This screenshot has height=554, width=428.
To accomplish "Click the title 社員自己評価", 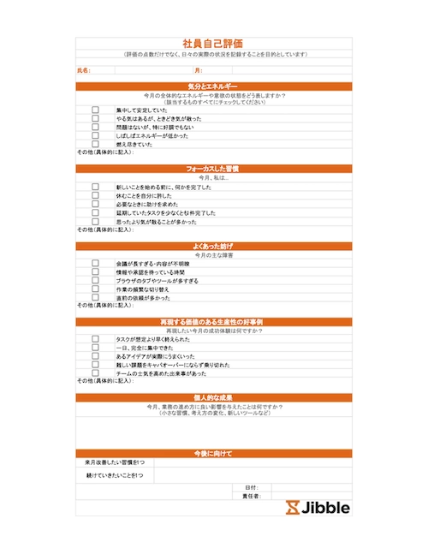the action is tap(213, 42).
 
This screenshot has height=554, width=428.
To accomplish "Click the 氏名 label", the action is tap(83, 70).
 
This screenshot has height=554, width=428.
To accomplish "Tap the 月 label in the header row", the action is tap(198, 70).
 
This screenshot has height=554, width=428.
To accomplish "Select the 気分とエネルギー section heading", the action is tap(213, 86).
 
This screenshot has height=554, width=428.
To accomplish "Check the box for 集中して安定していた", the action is tap(95, 110).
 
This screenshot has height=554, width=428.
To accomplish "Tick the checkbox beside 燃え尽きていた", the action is tap(95, 144).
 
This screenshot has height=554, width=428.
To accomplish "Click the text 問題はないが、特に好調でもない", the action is tap(158, 127).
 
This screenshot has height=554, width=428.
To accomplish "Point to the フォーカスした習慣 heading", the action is tap(213, 169).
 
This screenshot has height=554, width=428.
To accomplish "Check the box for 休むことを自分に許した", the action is tap(95, 196).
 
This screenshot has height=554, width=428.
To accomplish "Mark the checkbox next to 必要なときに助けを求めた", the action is tap(95, 205).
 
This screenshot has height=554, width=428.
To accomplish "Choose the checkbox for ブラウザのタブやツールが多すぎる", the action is tap(95, 281).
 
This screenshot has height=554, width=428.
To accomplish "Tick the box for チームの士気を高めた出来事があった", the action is tap(95, 373).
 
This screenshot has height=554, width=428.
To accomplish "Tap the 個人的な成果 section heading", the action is tap(213, 397).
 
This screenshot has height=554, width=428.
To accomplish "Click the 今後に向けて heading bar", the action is tap(213, 452).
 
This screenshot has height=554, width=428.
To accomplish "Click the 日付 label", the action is tap(251, 486).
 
